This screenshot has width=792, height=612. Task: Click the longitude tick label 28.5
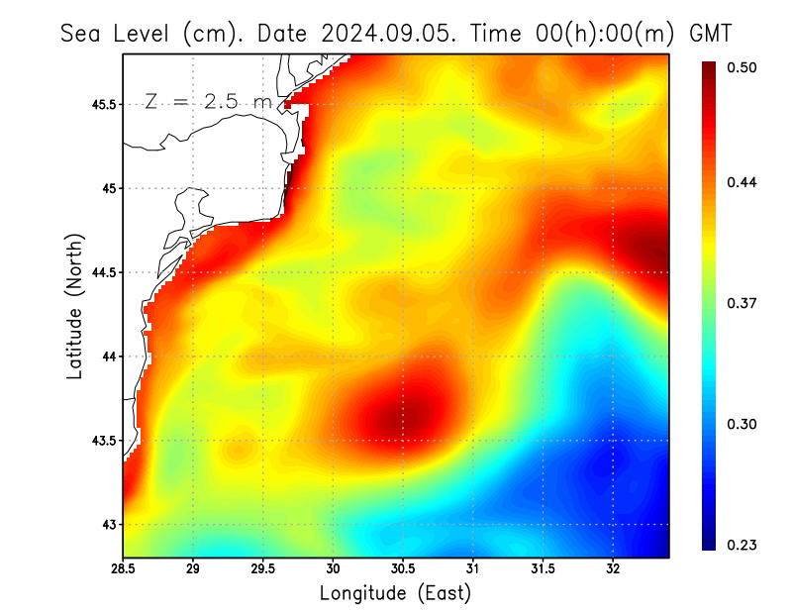click(123, 569)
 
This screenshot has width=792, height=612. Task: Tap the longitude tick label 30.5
click(402, 569)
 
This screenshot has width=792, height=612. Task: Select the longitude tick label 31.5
click(543, 569)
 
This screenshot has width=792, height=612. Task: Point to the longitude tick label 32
click(613, 569)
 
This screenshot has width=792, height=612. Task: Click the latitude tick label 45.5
click(103, 104)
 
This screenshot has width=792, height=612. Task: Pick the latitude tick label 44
click(108, 357)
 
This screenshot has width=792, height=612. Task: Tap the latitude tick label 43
click(108, 524)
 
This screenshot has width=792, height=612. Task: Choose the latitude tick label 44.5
click(103, 272)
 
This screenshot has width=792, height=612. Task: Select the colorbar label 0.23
click(743, 545)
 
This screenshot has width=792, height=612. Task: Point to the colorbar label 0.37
click(743, 303)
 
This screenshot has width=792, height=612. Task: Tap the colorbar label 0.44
click(743, 182)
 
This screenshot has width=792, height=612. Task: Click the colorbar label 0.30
click(743, 424)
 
